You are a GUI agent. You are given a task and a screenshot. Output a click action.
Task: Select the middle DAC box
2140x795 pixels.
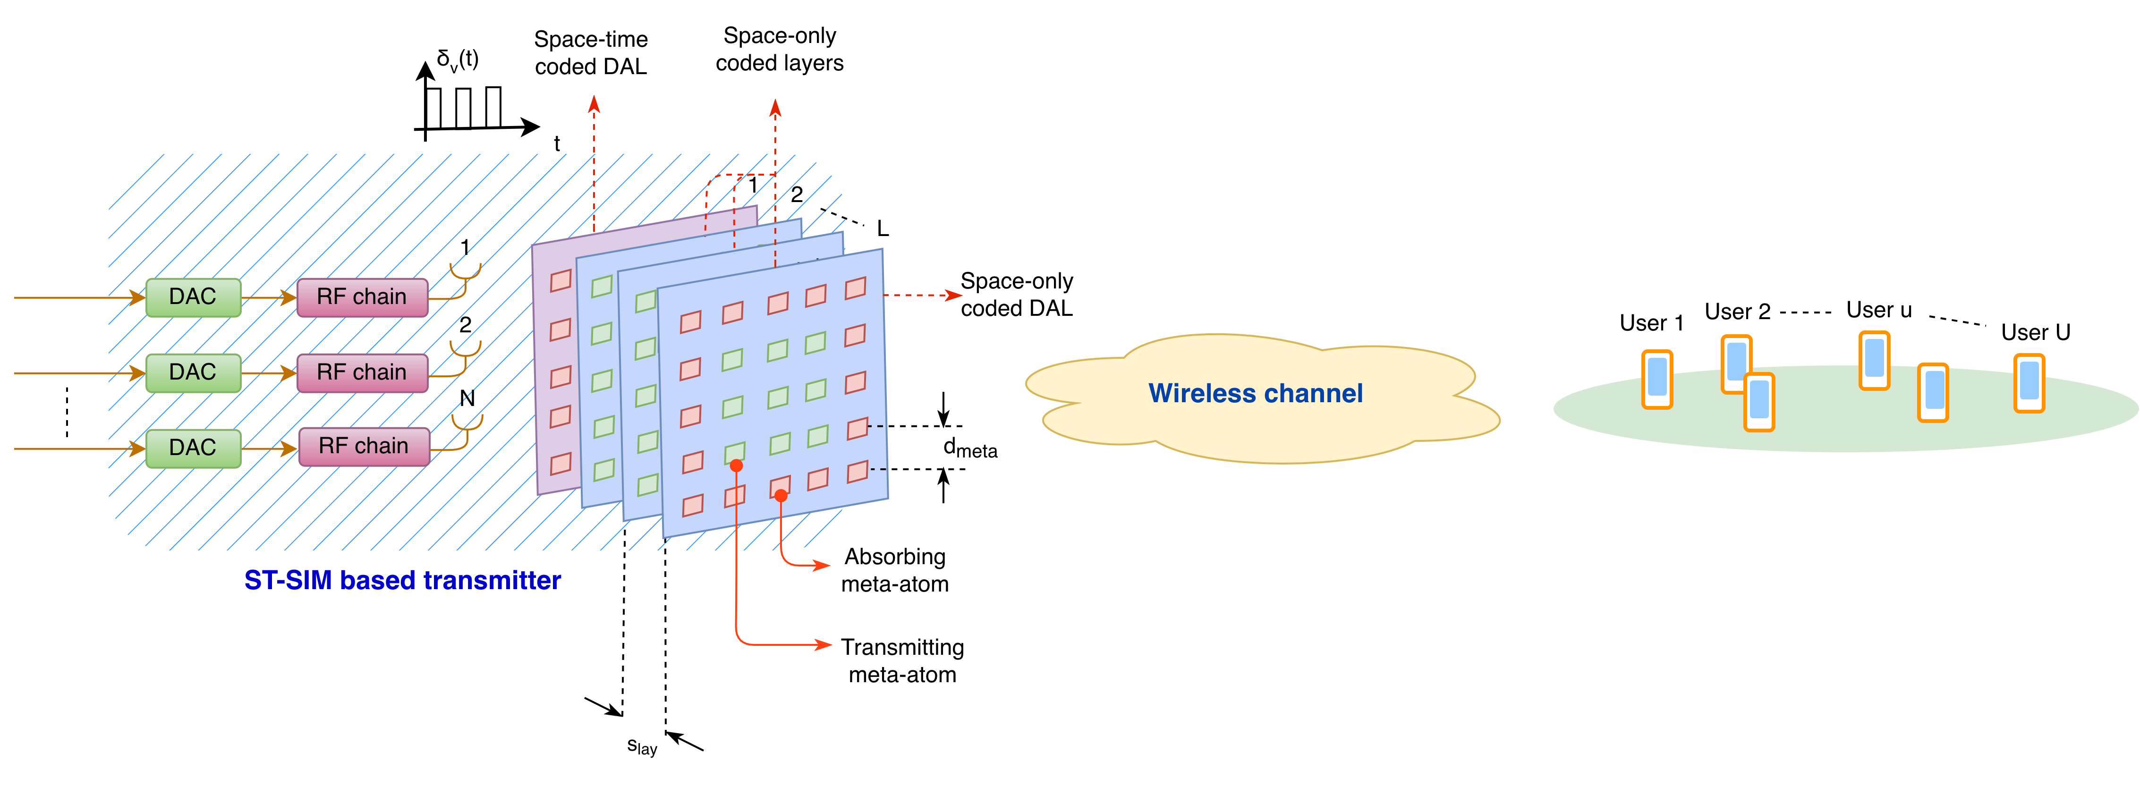click(193, 372)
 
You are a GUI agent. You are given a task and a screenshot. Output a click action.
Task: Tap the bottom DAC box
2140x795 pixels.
click(193, 448)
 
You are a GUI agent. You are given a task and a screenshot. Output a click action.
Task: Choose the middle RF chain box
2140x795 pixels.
click(362, 372)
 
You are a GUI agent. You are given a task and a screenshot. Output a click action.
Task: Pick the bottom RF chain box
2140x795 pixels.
click(364, 446)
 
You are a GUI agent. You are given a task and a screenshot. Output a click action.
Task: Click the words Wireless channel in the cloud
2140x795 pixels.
click(1255, 393)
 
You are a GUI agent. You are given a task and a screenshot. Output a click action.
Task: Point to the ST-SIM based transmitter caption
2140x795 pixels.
click(402, 580)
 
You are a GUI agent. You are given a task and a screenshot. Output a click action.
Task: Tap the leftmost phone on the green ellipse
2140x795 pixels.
click(1656, 379)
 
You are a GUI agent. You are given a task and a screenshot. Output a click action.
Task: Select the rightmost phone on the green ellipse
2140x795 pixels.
click(2029, 383)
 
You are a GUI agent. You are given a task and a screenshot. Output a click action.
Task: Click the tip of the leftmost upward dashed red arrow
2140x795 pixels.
click(594, 100)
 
